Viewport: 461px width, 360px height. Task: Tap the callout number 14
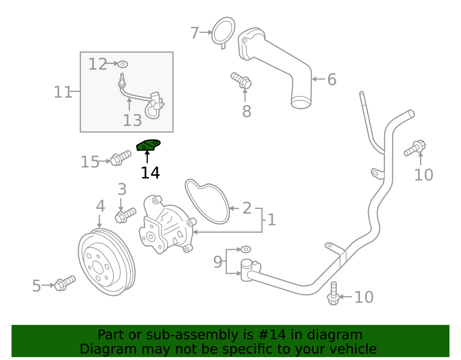150,173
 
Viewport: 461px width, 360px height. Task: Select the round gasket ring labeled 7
223,32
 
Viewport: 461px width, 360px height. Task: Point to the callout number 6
332,79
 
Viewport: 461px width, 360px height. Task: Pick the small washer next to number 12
123,64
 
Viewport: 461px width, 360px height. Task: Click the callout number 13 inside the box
132,120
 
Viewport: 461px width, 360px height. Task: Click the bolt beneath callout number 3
125,215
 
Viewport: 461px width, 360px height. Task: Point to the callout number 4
100,206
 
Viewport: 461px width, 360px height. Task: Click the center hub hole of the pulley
98,267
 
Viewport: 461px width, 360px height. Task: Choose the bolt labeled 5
65,283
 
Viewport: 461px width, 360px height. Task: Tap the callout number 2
247,208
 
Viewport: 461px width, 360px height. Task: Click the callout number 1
272,220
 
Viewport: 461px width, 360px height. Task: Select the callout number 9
218,262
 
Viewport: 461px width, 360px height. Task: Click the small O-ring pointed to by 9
246,249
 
